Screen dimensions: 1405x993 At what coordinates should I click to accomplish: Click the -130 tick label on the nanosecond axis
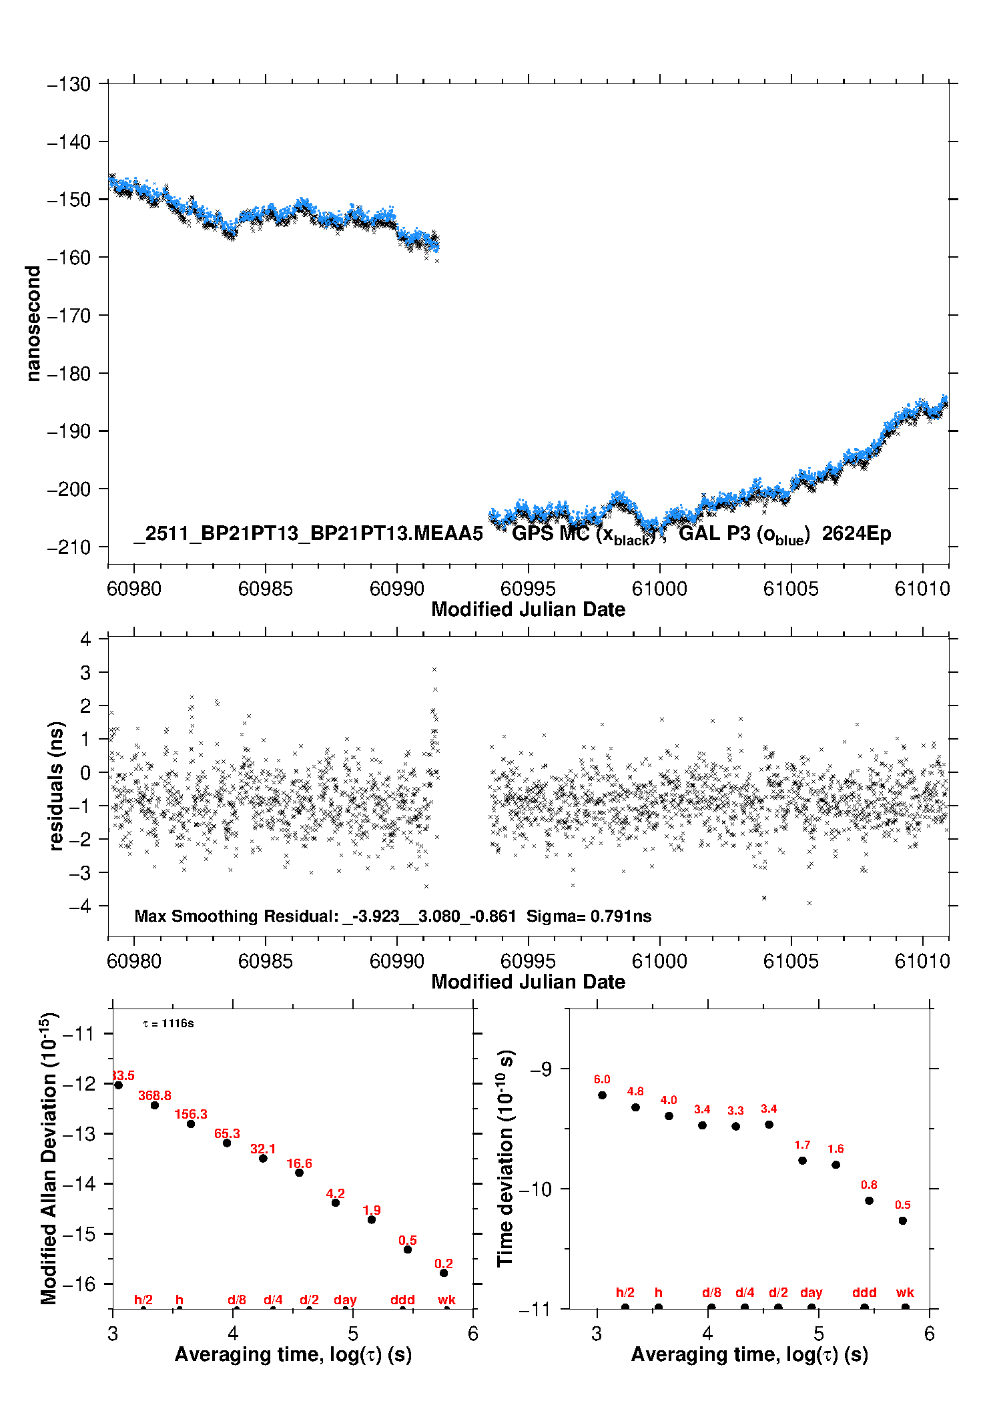(69, 84)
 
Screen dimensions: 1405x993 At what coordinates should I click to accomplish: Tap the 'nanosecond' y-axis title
(33, 323)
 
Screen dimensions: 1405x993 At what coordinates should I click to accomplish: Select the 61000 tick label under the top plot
(659, 589)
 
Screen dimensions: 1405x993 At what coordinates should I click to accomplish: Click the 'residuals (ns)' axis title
(57, 786)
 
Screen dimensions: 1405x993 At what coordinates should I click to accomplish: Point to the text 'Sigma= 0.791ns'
(589, 916)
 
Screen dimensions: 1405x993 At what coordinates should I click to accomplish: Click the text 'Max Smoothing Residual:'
(237, 916)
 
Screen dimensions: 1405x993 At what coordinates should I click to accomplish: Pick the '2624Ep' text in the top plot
(856, 534)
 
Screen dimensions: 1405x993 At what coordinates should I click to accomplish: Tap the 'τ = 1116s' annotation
(168, 1024)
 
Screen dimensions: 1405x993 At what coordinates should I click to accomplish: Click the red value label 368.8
(155, 1095)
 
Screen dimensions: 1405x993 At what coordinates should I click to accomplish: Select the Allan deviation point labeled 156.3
(191, 1124)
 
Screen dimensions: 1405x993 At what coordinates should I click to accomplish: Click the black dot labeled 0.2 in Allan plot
(444, 1273)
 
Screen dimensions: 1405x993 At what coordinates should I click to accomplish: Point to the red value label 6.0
(602, 1079)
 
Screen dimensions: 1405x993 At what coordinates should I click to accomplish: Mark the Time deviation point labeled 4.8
(635, 1107)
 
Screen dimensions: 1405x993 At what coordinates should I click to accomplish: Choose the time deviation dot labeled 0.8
(869, 1201)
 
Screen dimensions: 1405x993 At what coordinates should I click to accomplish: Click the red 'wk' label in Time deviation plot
(905, 1292)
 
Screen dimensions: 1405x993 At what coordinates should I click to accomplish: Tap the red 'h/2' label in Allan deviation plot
(143, 1300)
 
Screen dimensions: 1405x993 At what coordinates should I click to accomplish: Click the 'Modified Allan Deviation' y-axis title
(49, 1159)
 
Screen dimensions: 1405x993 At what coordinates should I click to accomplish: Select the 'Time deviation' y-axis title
(505, 1159)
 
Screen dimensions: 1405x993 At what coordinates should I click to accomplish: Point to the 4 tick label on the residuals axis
(85, 639)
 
